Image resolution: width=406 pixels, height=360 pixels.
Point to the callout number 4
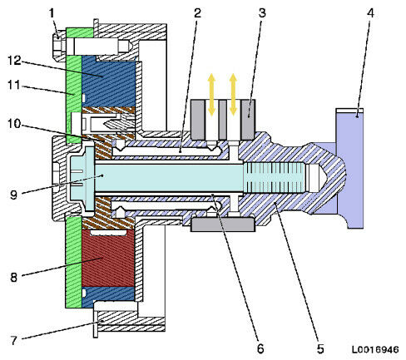point(369,14)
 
